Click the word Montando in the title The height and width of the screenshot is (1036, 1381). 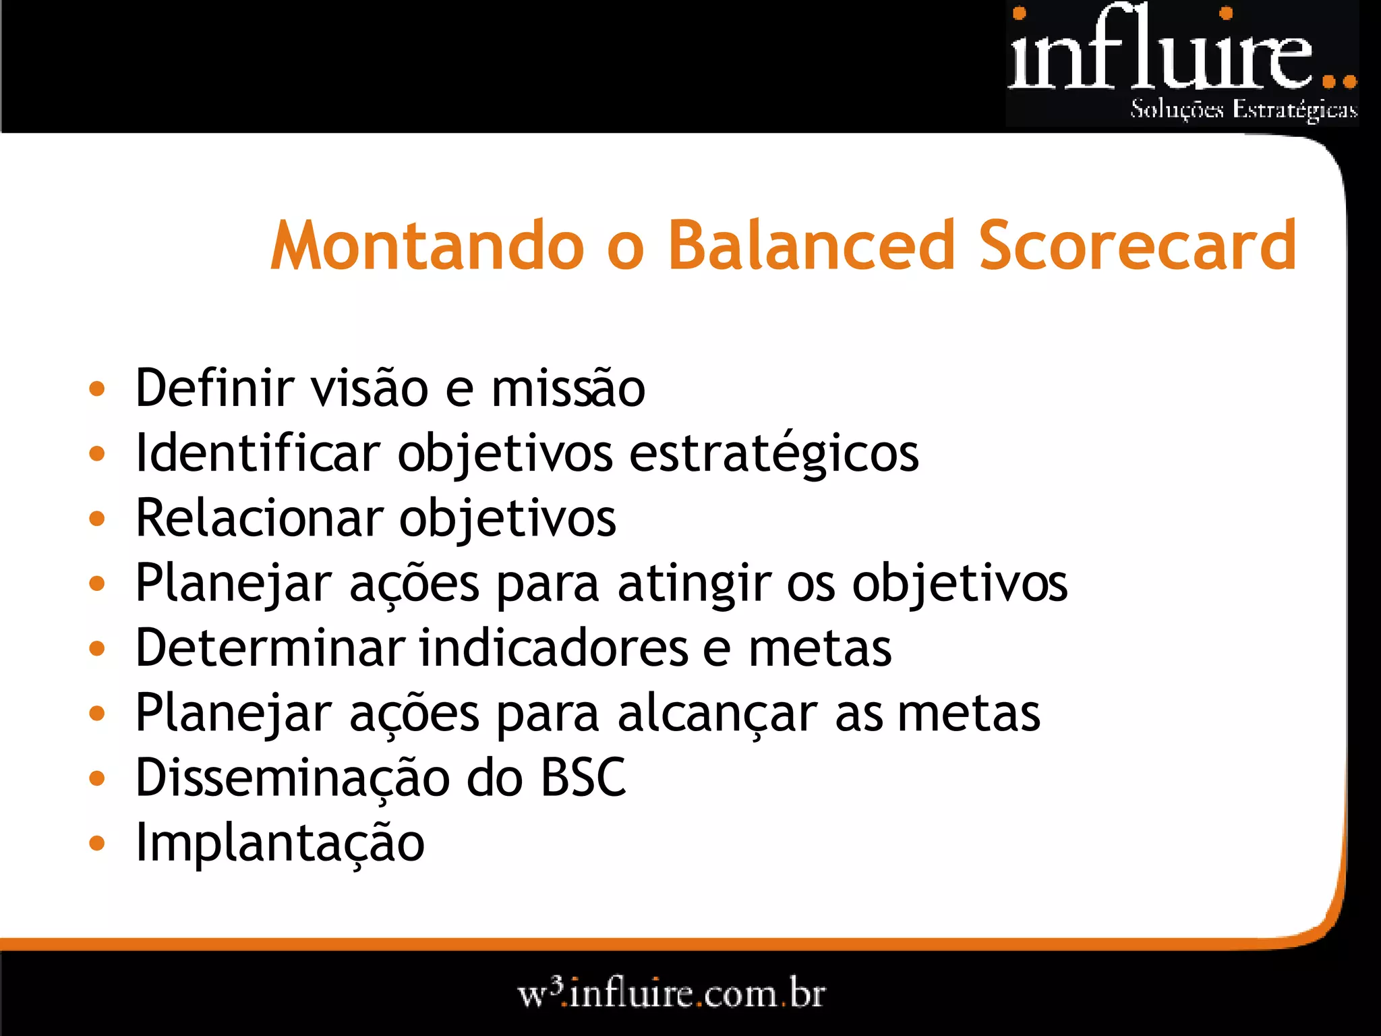point(427,246)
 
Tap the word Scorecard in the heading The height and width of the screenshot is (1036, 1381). point(1137,246)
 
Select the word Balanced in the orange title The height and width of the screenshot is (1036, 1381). point(811,246)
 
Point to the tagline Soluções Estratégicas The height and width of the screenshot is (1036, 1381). point(1243,109)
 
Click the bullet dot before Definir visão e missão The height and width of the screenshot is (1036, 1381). point(97,388)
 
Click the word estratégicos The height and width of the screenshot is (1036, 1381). point(773,453)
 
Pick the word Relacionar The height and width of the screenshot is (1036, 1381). point(259,518)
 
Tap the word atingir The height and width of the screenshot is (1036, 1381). point(694,583)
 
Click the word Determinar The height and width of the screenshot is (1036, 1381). point(270,647)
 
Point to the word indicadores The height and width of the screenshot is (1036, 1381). point(553,647)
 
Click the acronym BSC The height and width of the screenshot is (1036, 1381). point(583,778)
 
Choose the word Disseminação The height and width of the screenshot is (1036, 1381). point(293,778)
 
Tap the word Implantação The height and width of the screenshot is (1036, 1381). point(280,843)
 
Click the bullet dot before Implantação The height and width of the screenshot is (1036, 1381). point(97,843)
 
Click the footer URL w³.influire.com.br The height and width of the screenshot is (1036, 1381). point(671,994)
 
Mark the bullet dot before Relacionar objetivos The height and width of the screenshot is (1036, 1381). point(97,519)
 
